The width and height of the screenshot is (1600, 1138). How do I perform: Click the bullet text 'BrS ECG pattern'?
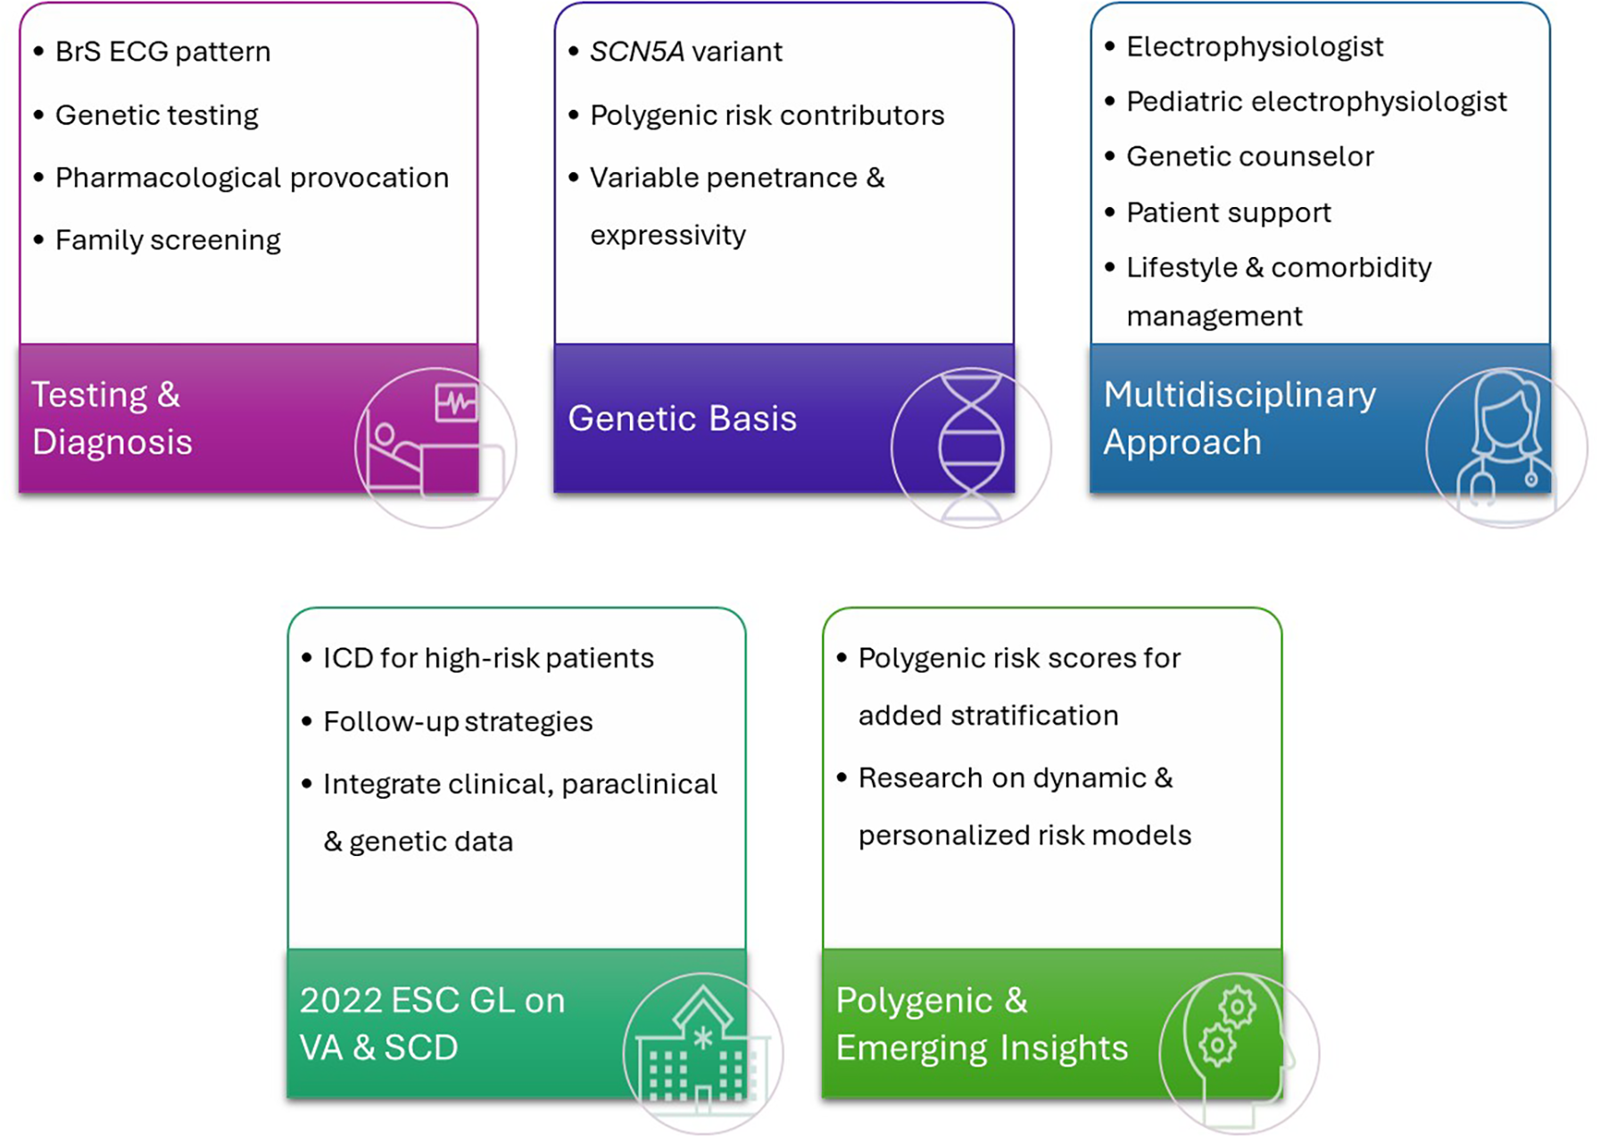coord(162,52)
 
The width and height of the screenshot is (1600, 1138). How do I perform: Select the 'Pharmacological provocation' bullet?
coord(252,178)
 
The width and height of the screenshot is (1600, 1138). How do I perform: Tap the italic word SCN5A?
coord(636,52)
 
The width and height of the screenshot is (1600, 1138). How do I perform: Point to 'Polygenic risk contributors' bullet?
coord(767,115)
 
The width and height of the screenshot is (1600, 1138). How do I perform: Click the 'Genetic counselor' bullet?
coord(1249,156)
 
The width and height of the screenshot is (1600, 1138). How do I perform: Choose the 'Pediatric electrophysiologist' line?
coord(1316,102)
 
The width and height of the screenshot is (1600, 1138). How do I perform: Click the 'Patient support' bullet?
coord(1228,212)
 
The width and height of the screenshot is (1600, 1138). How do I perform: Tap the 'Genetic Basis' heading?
coord(682,419)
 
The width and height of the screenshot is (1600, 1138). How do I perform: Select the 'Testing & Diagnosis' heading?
coord(112,419)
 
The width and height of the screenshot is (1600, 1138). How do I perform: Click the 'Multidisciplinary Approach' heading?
coord(1239,419)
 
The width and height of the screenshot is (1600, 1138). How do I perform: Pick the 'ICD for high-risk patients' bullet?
coord(488,659)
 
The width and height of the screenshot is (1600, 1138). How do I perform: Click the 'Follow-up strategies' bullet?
coord(457,721)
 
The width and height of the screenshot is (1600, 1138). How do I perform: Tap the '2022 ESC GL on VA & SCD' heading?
coord(432,1024)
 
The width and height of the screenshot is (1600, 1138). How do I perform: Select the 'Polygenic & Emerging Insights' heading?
coord(982,1024)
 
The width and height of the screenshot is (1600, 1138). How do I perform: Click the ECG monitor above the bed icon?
coord(456,403)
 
